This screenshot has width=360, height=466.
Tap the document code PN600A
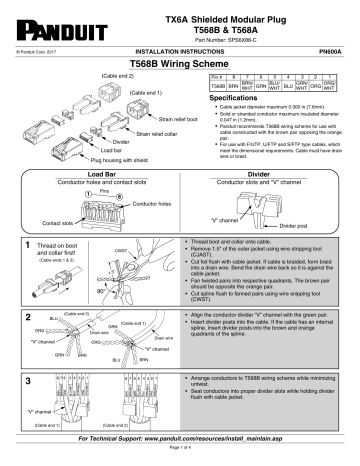tap(334, 50)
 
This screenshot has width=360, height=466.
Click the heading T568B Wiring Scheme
tap(179, 63)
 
